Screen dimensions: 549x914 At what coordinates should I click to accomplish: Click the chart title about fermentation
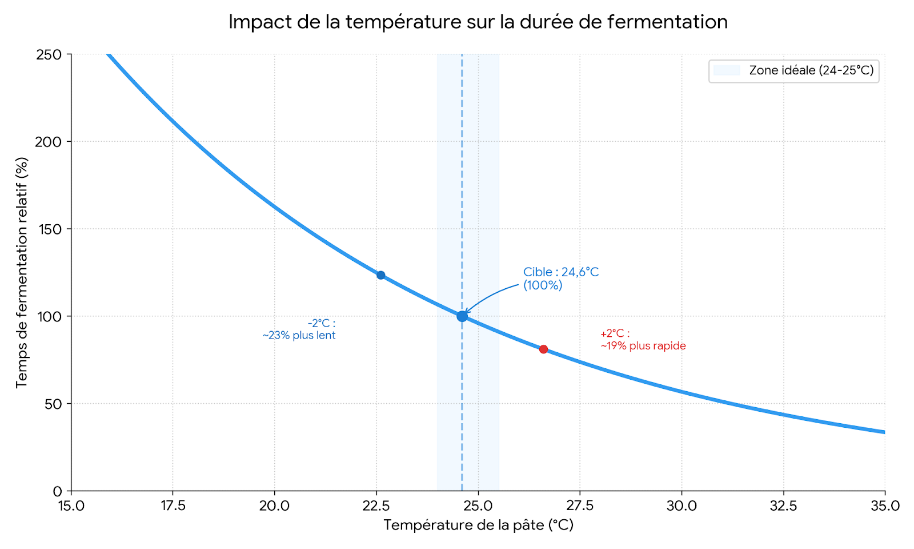pos(478,22)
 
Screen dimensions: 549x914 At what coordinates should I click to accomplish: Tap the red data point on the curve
pos(543,349)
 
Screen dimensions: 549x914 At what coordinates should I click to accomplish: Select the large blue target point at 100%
pos(462,316)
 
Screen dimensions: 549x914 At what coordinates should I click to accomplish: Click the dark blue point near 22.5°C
pos(380,275)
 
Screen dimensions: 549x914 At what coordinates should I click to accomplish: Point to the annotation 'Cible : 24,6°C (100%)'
pos(560,279)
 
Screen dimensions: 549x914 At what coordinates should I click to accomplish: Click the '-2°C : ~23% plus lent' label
pos(299,329)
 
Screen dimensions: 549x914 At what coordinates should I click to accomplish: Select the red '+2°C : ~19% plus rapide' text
pos(643,340)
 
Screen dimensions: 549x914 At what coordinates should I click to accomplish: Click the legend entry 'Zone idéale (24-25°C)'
pos(811,70)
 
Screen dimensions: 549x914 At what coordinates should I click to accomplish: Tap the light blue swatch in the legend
pos(727,70)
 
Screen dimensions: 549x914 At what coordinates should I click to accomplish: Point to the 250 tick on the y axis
pos(49,55)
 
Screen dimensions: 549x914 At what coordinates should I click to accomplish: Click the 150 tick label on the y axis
pos(49,229)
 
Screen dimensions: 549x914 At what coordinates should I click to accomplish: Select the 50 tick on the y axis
pos(53,404)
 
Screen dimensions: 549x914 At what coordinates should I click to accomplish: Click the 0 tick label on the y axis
pos(57,491)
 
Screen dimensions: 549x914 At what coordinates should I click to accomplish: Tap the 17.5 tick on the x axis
pos(173,506)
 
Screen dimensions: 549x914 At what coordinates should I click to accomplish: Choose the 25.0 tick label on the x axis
pos(478,506)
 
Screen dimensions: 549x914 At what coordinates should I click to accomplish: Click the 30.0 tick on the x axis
pos(682,506)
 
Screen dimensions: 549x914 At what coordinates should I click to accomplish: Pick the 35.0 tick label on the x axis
pos(885,506)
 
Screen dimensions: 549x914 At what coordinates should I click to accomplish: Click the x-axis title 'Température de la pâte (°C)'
pos(478,525)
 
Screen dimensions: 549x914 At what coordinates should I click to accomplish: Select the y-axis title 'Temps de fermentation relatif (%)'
pos(22,273)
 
